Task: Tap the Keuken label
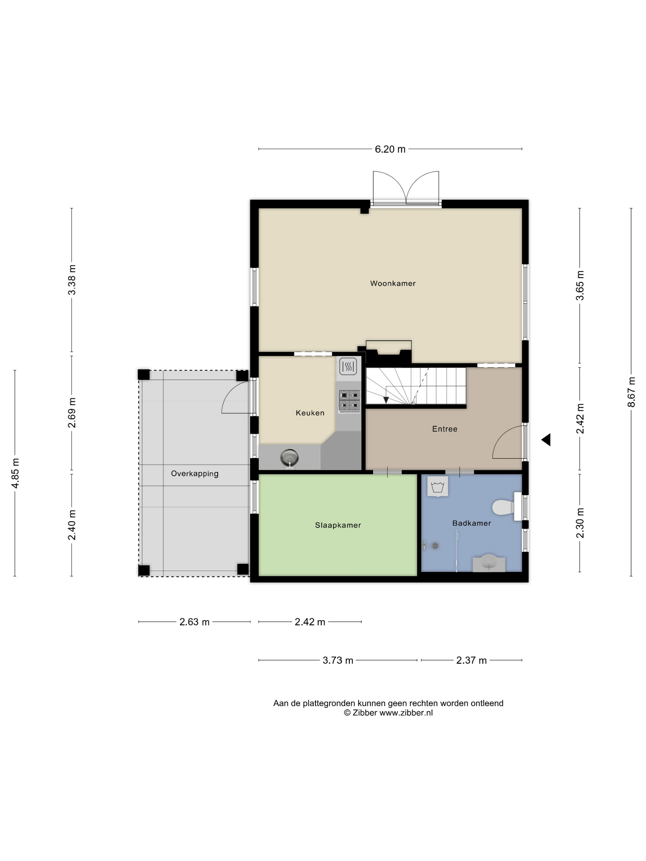click(310, 413)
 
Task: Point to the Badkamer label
click(471, 523)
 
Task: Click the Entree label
click(444, 429)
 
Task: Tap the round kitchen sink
click(289, 457)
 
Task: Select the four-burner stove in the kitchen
click(349, 401)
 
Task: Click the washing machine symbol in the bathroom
click(438, 486)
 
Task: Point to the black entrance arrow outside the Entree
click(546, 440)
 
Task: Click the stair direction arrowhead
click(386, 400)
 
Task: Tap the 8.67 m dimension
click(631, 392)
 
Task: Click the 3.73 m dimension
click(337, 660)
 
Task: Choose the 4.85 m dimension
click(15, 473)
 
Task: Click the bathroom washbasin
click(489, 564)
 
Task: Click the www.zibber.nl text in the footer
click(406, 713)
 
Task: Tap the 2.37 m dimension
click(471, 660)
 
